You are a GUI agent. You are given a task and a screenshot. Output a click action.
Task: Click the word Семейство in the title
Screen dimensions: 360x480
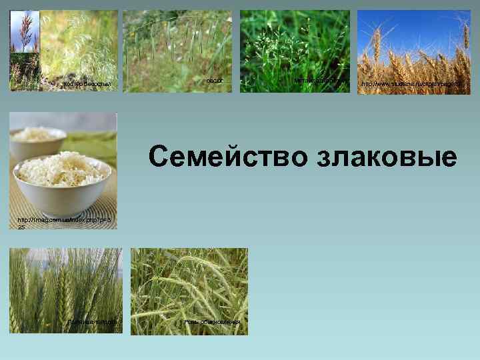pyautogui.click(x=229, y=157)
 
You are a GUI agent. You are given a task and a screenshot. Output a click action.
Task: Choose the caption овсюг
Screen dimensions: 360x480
pyautogui.click(x=213, y=81)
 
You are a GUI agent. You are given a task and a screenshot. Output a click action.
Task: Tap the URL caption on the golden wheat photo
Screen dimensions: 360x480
pyautogui.click(x=411, y=85)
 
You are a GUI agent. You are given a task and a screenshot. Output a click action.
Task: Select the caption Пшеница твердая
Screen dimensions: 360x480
pyautogui.click(x=92, y=323)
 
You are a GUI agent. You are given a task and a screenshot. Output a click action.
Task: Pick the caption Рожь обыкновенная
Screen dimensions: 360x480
pyautogui.click(x=211, y=323)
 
